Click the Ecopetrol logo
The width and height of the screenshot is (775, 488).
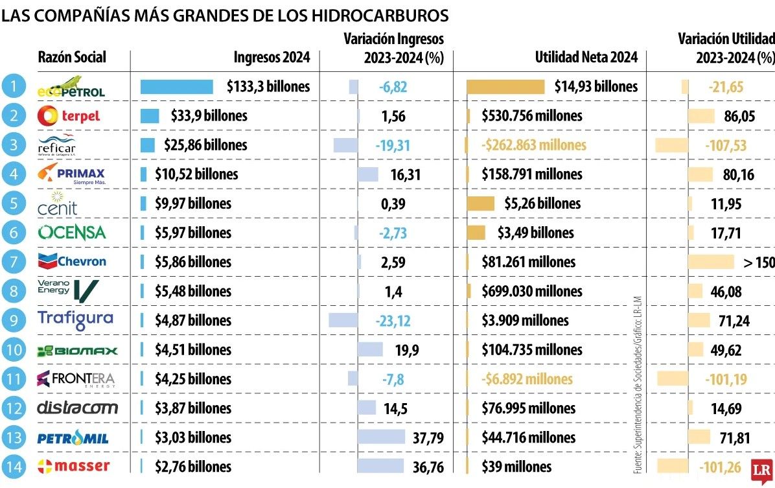tap(71, 87)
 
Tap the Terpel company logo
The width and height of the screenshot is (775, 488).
tap(69, 116)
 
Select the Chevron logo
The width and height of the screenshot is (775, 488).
tap(71, 261)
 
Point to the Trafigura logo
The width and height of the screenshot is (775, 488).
tap(75, 320)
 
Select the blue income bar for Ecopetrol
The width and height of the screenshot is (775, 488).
tap(177, 87)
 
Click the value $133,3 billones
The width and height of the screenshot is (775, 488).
tap(268, 87)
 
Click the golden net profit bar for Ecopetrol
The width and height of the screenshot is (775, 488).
tap(505, 87)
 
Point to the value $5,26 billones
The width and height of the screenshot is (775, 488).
tap(542, 203)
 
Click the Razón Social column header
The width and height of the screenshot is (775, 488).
tap(72, 58)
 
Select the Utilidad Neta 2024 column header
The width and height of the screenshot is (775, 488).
tap(586, 58)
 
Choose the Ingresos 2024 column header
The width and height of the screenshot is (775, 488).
tap(272, 58)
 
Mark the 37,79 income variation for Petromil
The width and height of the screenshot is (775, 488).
tap(428, 437)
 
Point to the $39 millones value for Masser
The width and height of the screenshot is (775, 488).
tap(516, 467)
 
